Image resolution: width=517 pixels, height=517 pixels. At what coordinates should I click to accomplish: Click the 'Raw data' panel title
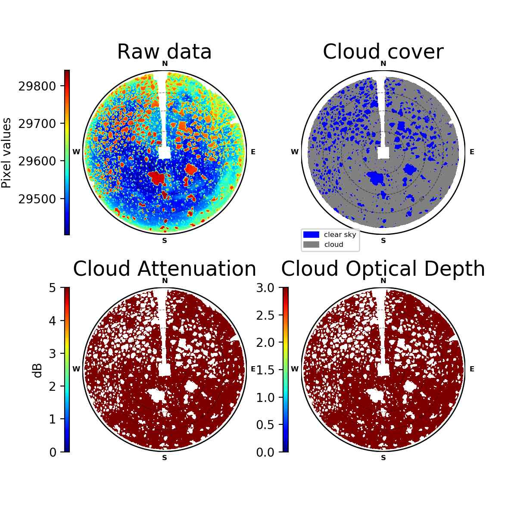tap(164, 52)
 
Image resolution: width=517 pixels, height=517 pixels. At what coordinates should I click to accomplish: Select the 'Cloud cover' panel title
tap(383, 52)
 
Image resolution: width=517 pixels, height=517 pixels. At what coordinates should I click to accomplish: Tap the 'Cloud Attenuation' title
tap(165, 268)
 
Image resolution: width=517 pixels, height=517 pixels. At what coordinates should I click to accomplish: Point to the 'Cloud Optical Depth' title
tap(383, 269)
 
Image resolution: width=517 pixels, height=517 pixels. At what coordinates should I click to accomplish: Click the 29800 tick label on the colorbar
tap(37, 87)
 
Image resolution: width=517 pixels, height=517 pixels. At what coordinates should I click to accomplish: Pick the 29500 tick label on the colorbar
tap(37, 199)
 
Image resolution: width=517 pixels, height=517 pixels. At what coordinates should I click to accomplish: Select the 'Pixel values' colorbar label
tap(6, 153)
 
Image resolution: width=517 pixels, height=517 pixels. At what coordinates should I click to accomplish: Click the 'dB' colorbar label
tap(38, 371)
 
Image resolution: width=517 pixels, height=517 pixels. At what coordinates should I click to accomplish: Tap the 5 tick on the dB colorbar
tap(53, 288)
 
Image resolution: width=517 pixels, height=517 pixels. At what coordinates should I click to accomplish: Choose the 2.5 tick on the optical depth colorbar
tap(265, 315)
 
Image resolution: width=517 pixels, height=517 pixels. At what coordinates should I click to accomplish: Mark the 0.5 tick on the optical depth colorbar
tap(265, 425)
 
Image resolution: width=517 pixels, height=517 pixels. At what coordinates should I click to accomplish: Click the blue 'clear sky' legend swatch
tap(311, 234)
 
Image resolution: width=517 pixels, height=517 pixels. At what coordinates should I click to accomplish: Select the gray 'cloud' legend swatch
tap(311, 244)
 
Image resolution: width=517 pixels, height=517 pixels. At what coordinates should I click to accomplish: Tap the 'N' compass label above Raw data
tap(165, 64)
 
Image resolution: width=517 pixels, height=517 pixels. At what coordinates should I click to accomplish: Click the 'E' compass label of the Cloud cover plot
tap(472, 152)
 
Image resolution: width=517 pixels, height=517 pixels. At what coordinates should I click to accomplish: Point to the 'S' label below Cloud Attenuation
tap(165, 458)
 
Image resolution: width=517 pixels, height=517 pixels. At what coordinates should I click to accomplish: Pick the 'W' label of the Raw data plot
tap(76, 152)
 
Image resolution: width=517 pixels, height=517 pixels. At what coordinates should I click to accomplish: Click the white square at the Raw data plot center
tap(165, 153)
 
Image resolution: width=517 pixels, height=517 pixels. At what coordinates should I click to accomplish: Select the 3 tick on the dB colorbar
tap(53, 354)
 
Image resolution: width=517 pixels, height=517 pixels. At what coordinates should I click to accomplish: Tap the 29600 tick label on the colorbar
tap(37, 162)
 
